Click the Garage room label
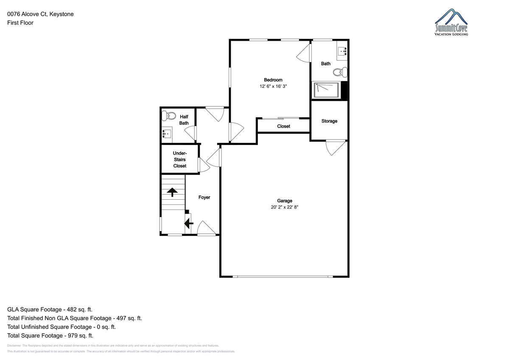click(285, 201)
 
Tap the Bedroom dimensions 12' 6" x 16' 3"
click(273, 87)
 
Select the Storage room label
click(329, 121)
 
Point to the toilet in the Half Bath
click(169, 116)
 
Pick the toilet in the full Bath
click(340, 72)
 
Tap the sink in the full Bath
click(342, 51)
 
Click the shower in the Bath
click(326, 90)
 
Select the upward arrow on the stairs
click(172, 192)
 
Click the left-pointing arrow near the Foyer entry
click(189, 223)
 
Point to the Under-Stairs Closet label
click(180, 159)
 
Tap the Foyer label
click(204, 197)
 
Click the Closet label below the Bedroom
click(284, 126)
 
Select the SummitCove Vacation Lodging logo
click(451, 22)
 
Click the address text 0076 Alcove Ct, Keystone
click(40, 14)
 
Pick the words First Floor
click(20, 23)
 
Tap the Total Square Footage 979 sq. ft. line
click(50, 335)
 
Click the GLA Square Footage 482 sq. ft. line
click(50, 310)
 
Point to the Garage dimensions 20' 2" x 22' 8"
click(285, 207)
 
